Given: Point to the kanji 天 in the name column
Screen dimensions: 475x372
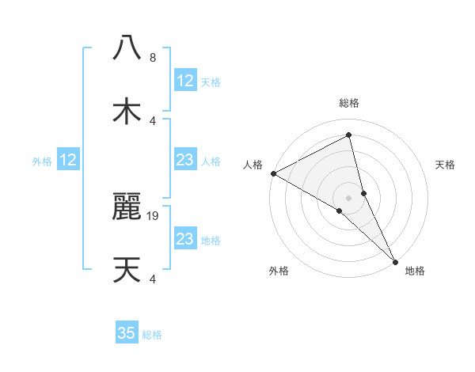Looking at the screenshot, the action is [127, 270].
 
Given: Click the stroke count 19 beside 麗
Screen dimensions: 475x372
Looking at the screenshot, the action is [154, 215].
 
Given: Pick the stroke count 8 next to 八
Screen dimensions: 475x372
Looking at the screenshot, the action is [152, 58].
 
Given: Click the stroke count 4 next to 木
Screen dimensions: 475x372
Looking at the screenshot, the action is [152, 121].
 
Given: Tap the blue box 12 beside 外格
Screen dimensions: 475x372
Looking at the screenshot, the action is [68, 161].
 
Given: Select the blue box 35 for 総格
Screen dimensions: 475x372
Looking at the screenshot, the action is [127, 333].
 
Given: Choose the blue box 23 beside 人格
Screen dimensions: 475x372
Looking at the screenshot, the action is [184, 161].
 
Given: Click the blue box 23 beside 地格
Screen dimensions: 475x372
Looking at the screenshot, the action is [184, 239].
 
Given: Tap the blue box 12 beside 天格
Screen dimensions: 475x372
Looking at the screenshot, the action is [184, 81].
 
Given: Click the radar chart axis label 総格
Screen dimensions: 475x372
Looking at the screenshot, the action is [349, 104].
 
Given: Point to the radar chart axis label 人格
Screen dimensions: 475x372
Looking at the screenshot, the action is [253, 165].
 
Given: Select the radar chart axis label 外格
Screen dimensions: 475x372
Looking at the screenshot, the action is [279, 271].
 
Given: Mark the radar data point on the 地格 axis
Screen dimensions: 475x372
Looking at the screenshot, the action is [395, 260].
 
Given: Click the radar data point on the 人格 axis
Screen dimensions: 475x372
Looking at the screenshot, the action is [273, 173].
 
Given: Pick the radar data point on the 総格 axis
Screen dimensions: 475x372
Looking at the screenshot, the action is [349, 135].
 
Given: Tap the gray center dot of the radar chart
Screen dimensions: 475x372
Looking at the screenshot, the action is [349, 197].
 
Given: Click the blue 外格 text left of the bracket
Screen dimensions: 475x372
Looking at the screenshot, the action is [42, 161].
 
